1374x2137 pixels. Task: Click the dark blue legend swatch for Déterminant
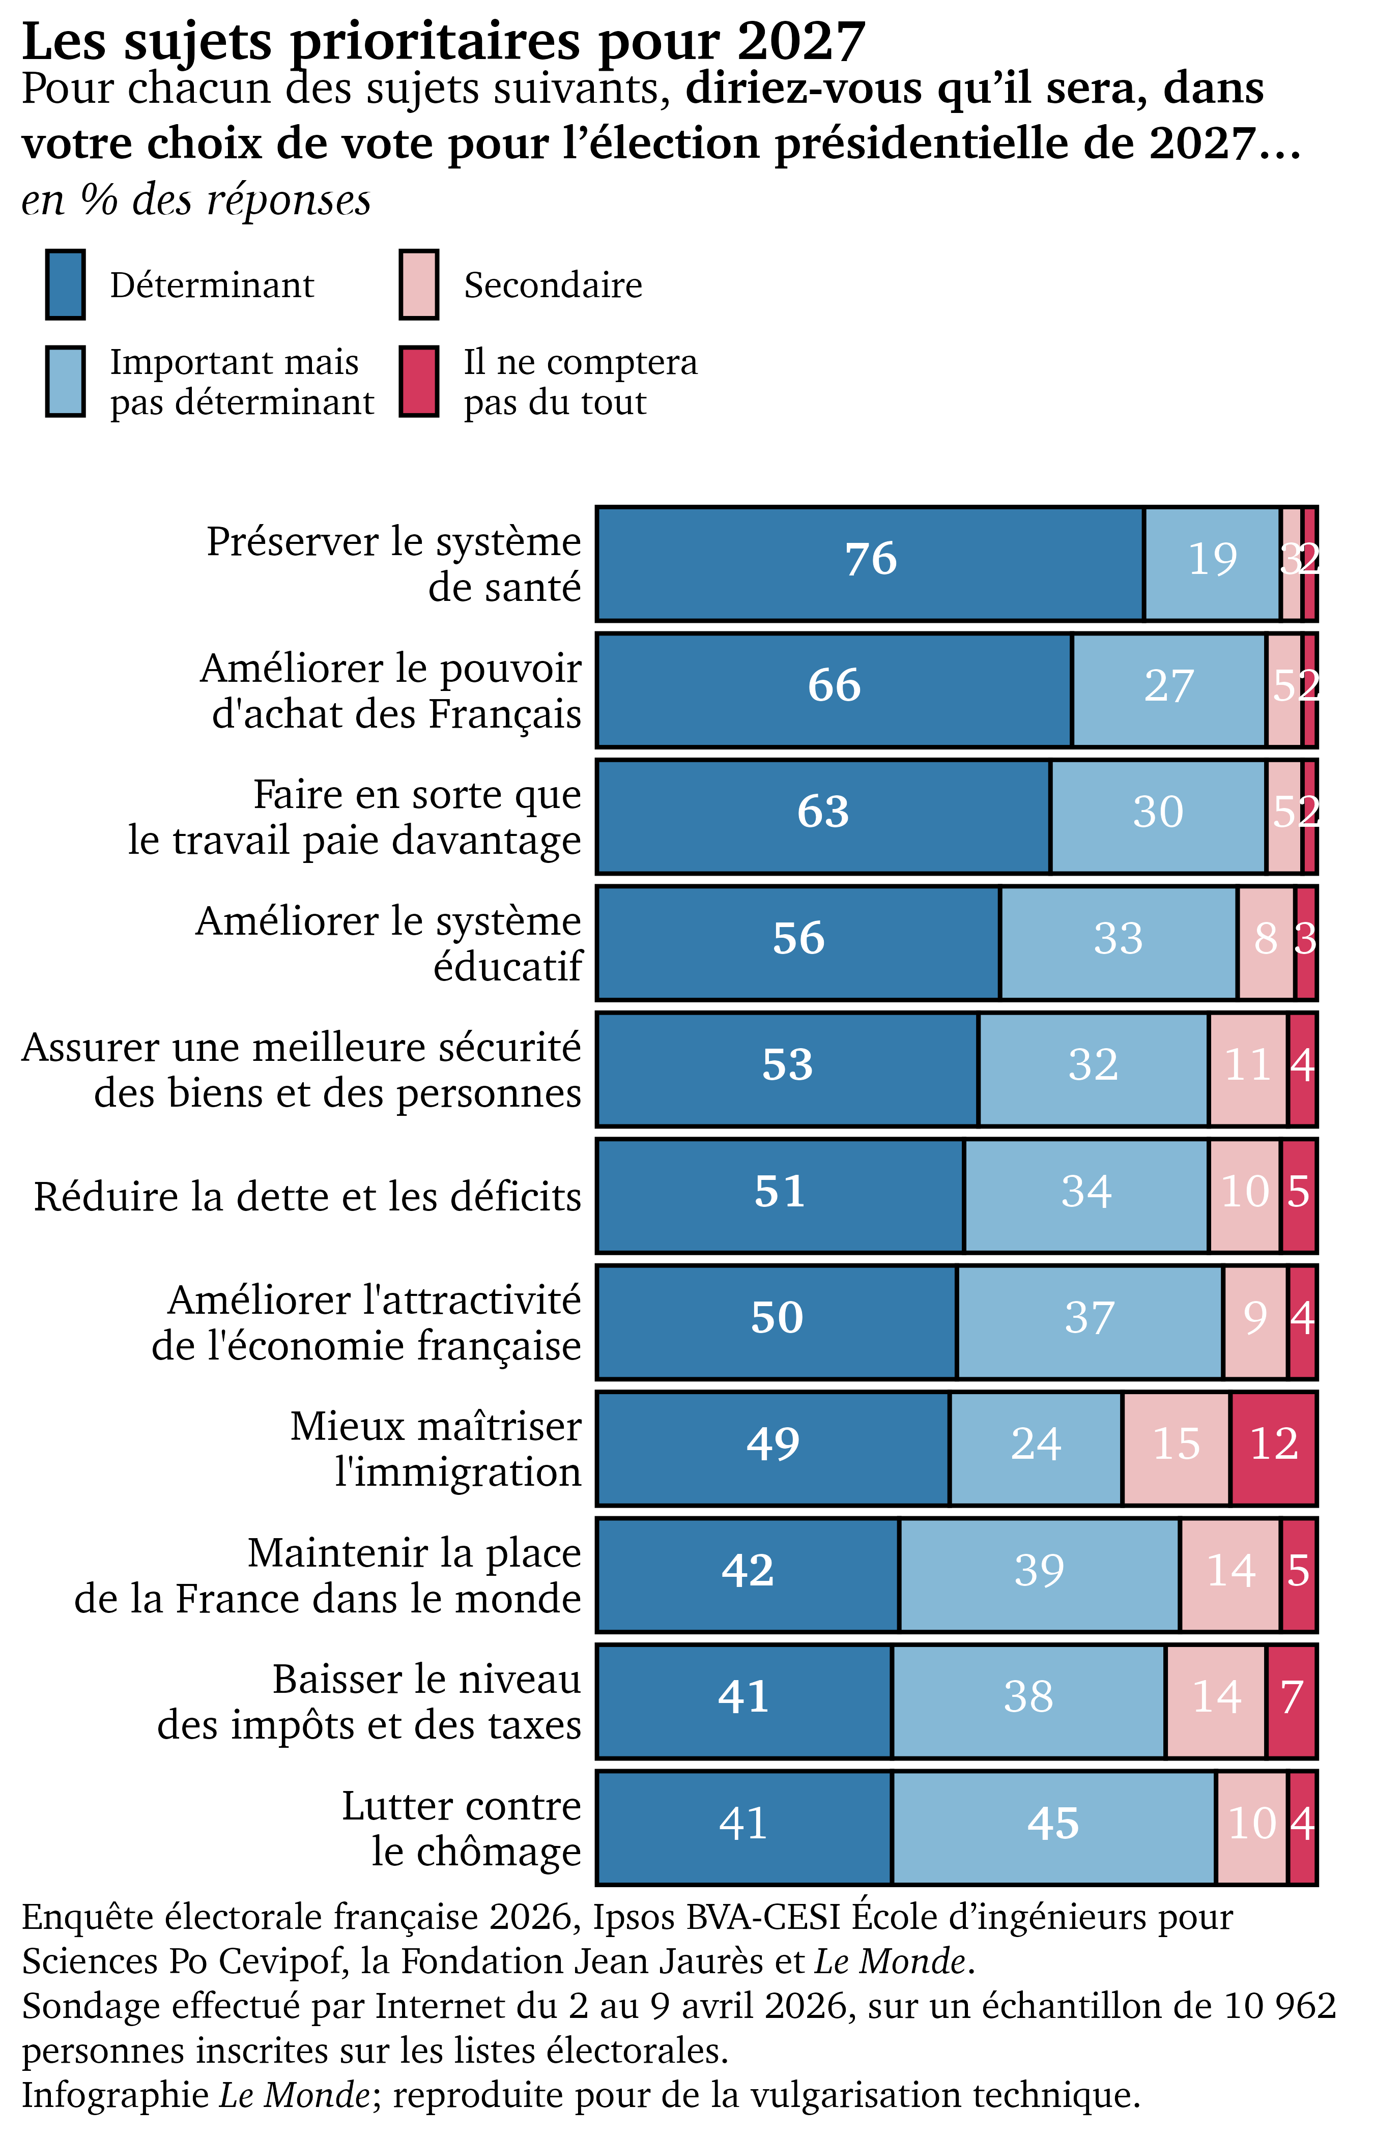pyautogui.click(x=65, y=284)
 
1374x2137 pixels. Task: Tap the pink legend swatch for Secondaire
pyautogui.click(x=418, y=284)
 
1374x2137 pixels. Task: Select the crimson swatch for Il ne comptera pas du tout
pyautogui.click(x=418, y=382)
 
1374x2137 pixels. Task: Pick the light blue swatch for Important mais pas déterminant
pyautogui.click(x=65, y=382)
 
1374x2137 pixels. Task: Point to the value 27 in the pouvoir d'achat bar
pyautogui.click(x=1169, y=686)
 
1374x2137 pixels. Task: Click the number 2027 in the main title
pyautogui.click(x=801, y=41)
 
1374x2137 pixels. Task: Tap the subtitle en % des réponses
pyautogui.click(x=196, y=200)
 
